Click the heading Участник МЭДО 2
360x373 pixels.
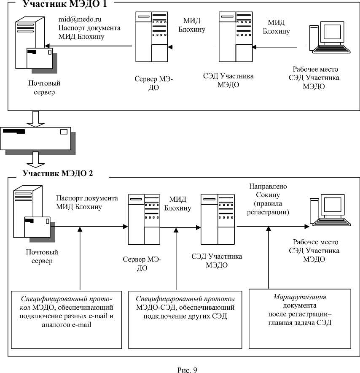[58, 173]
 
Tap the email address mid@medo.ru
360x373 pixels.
[80, 19]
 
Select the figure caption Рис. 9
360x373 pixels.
[187, 370]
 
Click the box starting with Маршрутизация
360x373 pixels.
[300, 318]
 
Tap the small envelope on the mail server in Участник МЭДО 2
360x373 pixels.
[37, 226]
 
